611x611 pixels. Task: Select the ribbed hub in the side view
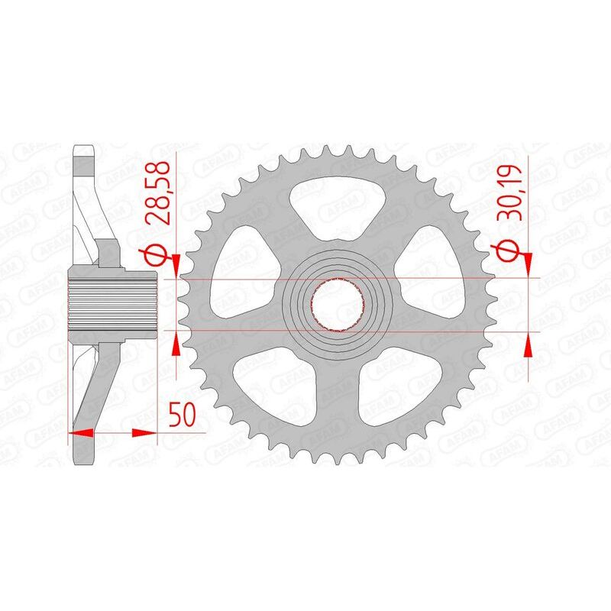[113, 302]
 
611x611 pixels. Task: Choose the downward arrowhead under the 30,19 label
[528, 261]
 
